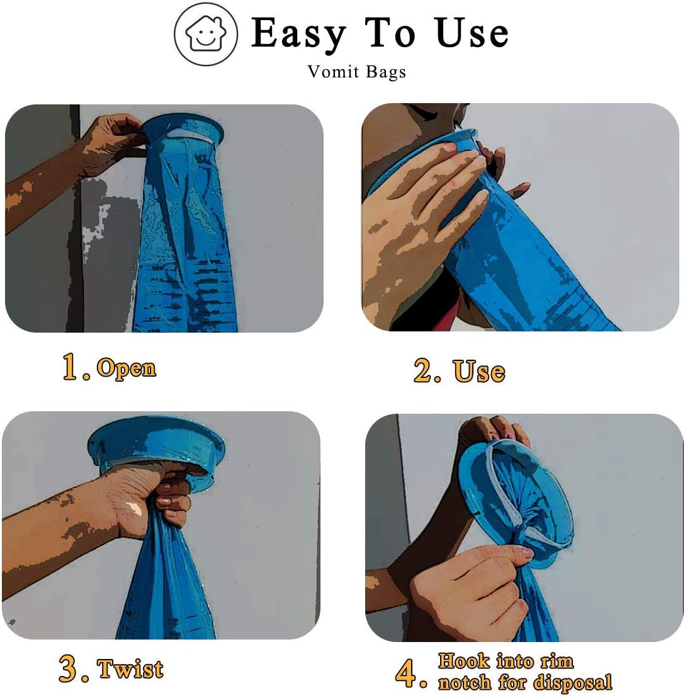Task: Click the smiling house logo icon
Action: click(x=206, y=35)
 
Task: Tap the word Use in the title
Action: click(x=472, y=34)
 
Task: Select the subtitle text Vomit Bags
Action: click(x=356, y=72)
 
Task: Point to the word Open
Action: click(x=126, y=368)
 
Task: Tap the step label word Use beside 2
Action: click(x=479, y=372)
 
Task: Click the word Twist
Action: click(x=130, y=669)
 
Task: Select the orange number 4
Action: click(x=408, y=674)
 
